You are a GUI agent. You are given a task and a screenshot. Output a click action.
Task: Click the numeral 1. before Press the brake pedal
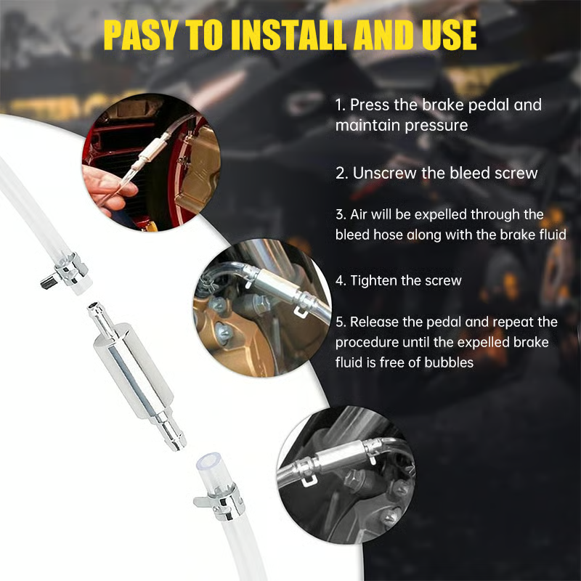(341, 105)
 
